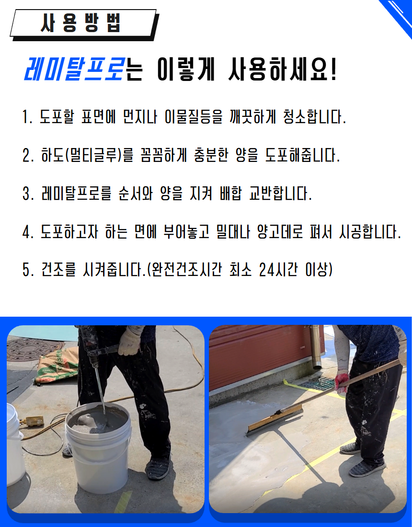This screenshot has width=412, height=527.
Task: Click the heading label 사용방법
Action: coord(80,23)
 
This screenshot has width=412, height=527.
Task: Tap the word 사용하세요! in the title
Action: coord(282,70)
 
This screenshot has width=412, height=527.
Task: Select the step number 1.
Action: coord(27,117)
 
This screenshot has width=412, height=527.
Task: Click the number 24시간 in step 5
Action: coord(278,270)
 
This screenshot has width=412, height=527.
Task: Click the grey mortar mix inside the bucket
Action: coord(97,420)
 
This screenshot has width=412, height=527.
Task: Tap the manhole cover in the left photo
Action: coord(34,350)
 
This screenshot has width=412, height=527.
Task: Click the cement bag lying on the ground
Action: coord(57,367)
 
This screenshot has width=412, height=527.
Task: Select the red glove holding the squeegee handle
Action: coord(342,381)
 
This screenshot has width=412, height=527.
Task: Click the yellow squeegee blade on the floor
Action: coord(275,420)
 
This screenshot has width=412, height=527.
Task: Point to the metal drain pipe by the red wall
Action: coord(316,347)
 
